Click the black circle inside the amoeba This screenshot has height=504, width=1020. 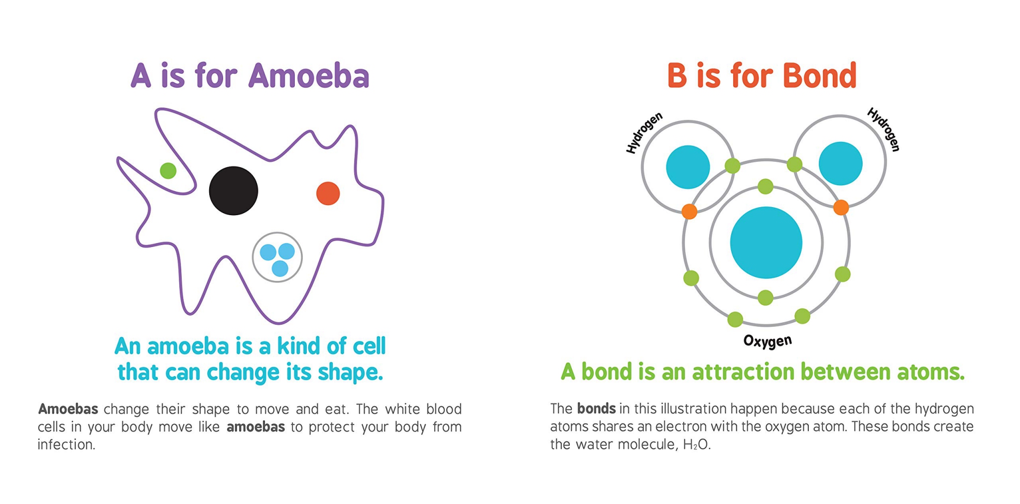click(x=233, y=191)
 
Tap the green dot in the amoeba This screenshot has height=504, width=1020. click(x=168, y=171)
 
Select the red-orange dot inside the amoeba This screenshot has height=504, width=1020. click(x=328, y=193)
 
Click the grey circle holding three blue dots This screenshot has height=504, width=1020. click(x=277, y=257)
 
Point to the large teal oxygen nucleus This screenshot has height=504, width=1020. click(x=766, y=243)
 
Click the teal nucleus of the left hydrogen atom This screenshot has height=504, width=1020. click(x=688, y=167)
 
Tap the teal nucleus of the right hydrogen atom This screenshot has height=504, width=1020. click(x=840, y=163)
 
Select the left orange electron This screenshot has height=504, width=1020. click(x=689, y=211)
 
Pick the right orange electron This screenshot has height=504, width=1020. click(x=841, y=207)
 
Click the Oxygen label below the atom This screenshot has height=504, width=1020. click(x=767, y=341)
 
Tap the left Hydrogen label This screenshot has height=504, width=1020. click(x=644, y=132)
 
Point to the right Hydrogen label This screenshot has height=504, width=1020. click(x=884, y=129)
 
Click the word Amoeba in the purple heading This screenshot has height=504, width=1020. click(x=309, y=76)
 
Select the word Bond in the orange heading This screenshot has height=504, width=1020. click(x=819, y=76)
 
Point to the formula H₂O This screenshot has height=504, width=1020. click(x=696, y=444)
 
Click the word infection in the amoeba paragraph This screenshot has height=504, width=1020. click(x=66, y=444)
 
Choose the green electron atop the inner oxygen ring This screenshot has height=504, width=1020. click(x=765, y=187)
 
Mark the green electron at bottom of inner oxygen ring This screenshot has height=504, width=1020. click(x=765, y=298)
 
